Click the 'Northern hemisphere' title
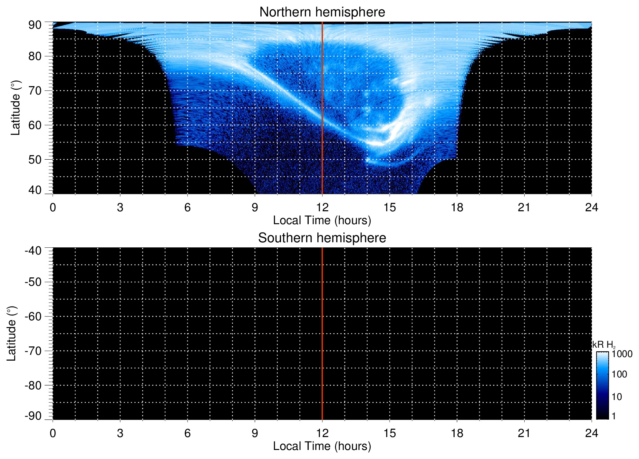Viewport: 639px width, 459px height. click(x=322, y=12)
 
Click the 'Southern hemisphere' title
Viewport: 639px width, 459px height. click(x=322, y=238)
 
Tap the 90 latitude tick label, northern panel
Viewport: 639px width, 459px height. click(x=35, y=25)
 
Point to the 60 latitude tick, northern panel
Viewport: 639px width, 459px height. click(x=35, y=125)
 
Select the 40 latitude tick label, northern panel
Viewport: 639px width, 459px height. click(x=35, y=190)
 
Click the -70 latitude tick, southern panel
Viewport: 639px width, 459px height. click(x=33, y=351)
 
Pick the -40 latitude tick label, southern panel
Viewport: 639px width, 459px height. click(x=33, y=251)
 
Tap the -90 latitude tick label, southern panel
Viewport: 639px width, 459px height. click(x=33, y=416)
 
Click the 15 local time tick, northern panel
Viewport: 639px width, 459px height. click(x=390, y=207)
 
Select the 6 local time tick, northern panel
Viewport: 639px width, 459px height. click(x=188, y=207)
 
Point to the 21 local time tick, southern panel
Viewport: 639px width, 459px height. click(x=524, y=433)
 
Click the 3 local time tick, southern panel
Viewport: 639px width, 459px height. click(x=120, y=433)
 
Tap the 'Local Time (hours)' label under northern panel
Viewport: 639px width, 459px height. click(x=322, y=221)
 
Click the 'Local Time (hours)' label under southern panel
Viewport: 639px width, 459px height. click(x=322, y=446)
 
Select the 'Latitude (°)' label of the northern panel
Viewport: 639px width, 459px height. click(x=15, y=108)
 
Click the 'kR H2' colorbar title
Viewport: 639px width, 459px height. click(x=603, y=345)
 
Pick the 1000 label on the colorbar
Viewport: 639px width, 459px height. click(x=622, y=354)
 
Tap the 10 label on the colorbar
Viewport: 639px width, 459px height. click(x=617, y=397)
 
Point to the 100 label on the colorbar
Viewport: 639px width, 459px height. click(x=619, y=374)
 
